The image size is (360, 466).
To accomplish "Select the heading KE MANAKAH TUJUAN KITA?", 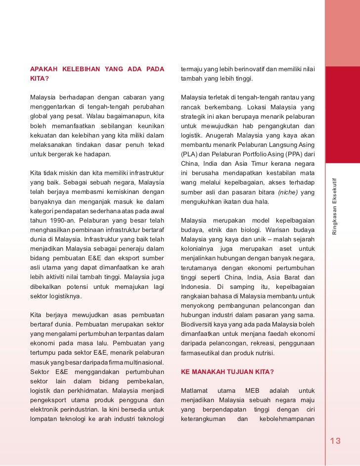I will [x=227, y=372].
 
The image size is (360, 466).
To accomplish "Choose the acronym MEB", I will [x=252, y=391].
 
